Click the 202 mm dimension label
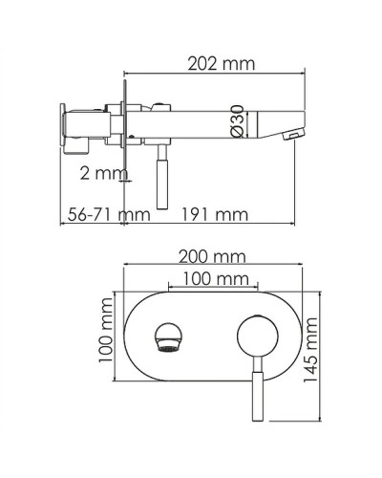pyautogui.click(x=214, y=64)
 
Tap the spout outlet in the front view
pyautogui.click(x=167, y=337)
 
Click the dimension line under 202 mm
pyautogui.click(x=214, y=75)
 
